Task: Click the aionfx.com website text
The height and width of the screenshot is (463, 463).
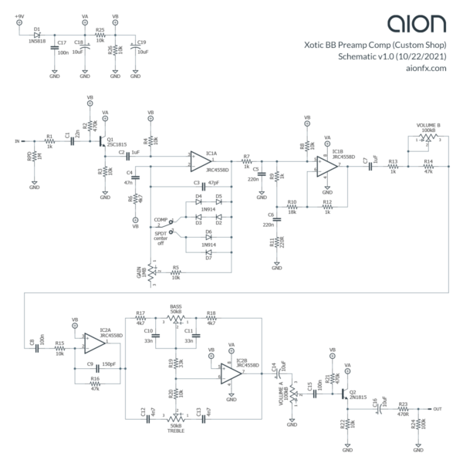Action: [x=426, y=68]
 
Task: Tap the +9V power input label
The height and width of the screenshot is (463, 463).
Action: [x=19, y=15]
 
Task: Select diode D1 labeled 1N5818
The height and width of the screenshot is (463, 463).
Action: [x=37, y=35]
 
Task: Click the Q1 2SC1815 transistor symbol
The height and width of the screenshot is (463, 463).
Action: [x=103, y=141]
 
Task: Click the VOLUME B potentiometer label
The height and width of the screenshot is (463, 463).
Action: [x=428, y=124]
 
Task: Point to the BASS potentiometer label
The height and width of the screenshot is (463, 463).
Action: [x=176, y=306]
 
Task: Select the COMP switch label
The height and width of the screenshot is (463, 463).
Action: [x=161, y=219]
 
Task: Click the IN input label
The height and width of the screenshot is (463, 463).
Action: [x=18, y=141]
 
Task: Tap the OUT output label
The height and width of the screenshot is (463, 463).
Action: [x=438, y=408]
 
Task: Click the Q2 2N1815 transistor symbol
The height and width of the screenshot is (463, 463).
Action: [x=345, y=393]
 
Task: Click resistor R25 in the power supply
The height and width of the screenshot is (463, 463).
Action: [x=100, y=35]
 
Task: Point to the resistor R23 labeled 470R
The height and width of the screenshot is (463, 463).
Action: [x=403, y=408]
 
